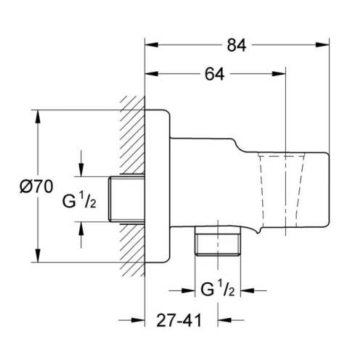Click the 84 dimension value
(x=237, y=45)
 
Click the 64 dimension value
(x=214, y=74)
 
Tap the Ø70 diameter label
(x=36, y=187)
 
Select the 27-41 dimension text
(x=179, y=321)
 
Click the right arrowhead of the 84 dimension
(x=323, y=45)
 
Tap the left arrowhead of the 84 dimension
(x=152, y=45)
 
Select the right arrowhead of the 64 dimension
(x=279, y=74)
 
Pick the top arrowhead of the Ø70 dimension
(x=37, y=117)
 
